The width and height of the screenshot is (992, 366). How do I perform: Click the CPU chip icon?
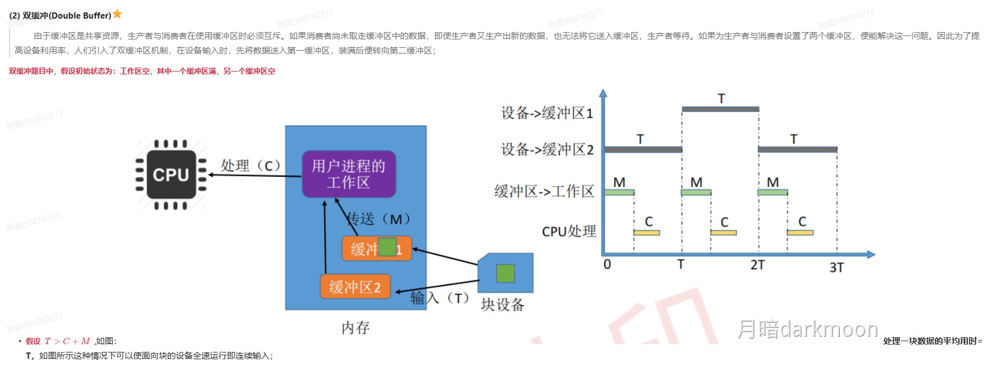[171, 175]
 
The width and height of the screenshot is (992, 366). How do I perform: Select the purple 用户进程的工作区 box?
[348, 174]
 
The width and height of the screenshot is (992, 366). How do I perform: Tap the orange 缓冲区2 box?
[355, 287]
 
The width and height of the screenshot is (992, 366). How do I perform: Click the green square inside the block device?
[505, 273]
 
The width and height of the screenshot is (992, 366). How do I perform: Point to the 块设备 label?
[502, 305]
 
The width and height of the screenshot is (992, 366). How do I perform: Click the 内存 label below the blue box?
[355, 328]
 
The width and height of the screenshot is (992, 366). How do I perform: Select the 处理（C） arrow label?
[250, 166]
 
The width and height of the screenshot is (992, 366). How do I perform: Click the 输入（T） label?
[440, 298]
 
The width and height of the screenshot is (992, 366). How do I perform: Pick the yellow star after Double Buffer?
[117, 14]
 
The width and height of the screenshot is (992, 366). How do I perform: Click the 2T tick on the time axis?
[758, 265]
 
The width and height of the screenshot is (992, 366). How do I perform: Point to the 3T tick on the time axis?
[836, 267]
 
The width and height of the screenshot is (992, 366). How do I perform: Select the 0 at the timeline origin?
[607, 265]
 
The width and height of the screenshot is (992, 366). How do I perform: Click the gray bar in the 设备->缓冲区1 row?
[720, 109]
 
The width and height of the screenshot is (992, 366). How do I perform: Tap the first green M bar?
[619, 193]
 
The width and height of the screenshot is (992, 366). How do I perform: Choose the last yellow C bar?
[800, 232]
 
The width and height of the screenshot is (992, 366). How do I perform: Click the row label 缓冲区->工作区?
[544, 191]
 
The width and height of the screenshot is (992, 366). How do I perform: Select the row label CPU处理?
[569, 231]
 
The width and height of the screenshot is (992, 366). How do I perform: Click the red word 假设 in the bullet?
[33, 341]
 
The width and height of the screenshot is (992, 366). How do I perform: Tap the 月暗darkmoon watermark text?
[807, 329]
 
